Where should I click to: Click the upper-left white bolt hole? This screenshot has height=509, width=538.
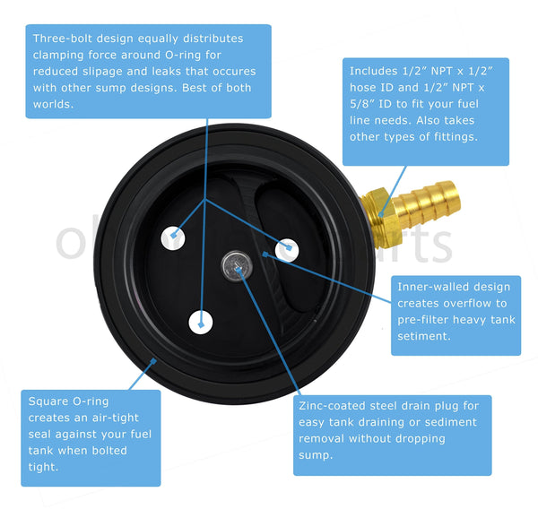click(x=173, y=237)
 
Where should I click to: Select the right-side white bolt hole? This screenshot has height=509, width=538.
click(x=286, y=249)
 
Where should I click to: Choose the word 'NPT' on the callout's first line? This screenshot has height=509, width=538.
click(x=446, y=71)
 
